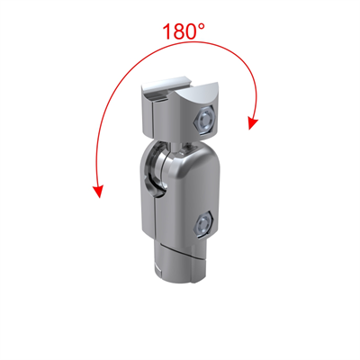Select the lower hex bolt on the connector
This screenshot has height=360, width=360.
(x=203, y=221)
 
